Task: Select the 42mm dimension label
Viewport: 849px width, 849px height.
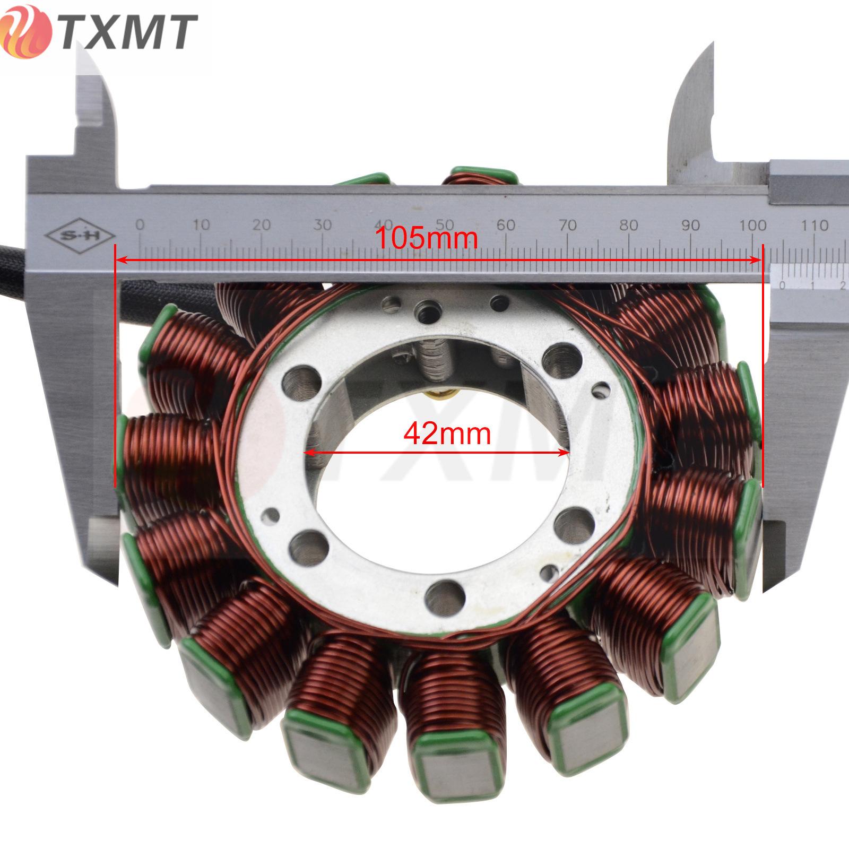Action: (447, 434)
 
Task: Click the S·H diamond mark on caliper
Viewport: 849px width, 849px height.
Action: (80, 235)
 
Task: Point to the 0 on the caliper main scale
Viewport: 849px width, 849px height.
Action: (140, 224)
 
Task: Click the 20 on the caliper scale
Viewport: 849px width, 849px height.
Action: (262, 224)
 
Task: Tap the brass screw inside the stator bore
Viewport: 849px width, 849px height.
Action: (439, 394)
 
